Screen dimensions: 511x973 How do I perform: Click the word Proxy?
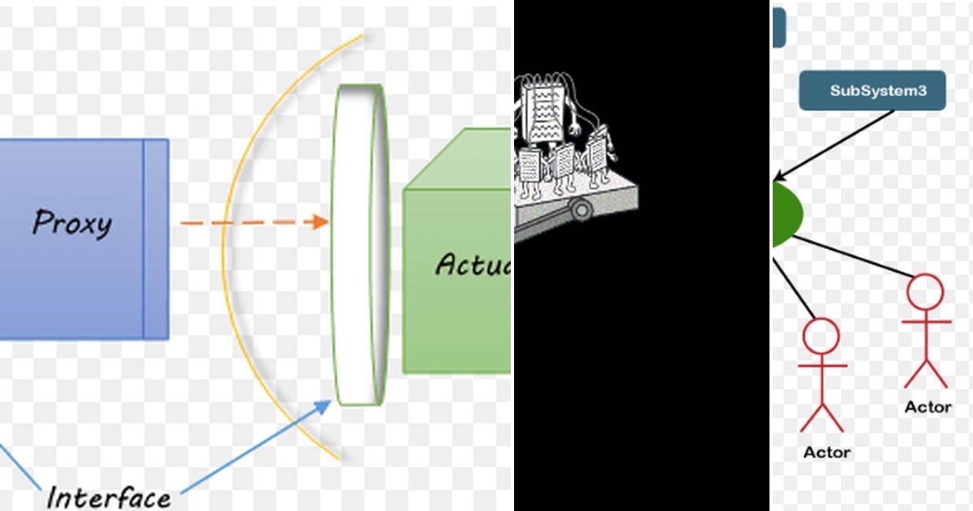click(71, 222)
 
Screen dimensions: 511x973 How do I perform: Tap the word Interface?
click(108, 496)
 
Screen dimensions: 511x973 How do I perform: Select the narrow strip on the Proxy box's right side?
click(156, 238)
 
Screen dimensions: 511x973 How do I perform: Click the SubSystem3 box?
click(872, 91)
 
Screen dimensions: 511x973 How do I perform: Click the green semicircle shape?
click(785, 213)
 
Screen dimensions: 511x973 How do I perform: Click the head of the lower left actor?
click(821, 335)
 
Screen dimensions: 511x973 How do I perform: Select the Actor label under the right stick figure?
click(928, 407)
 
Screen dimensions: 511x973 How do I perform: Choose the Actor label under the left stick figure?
click(826, 452)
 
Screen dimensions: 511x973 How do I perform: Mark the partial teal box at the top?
click(778, 26)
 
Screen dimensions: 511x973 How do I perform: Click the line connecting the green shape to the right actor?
click(851, 256)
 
